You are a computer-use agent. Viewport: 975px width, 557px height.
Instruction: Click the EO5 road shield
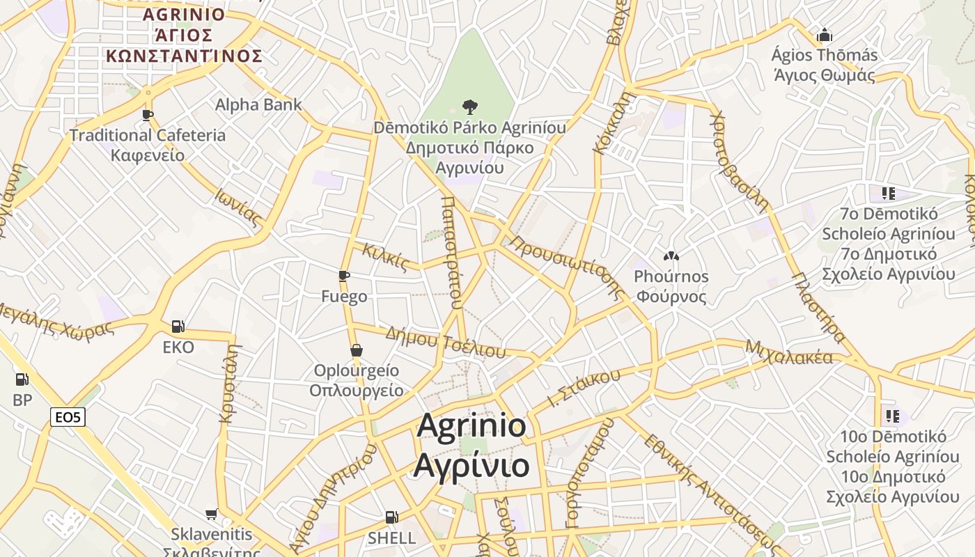click(x=68, y=417)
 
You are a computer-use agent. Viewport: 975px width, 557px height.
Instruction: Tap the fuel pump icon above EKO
click(x=178, y=326)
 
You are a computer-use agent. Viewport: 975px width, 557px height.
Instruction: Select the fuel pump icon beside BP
click(x=22, y=379)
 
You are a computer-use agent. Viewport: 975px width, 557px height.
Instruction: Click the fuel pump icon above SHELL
click(x=392, y=517)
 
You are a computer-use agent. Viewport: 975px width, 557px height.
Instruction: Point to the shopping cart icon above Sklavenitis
click(x=212, y=515)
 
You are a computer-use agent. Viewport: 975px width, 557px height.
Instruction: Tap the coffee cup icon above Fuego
click(x=344, y=276)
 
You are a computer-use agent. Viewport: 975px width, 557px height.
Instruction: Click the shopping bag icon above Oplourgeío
click(x=357, y=350)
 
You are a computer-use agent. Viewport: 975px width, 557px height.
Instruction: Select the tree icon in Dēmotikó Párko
click(x=470, y=107)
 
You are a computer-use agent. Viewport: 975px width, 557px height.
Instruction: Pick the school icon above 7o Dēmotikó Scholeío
click(x=888, y=193)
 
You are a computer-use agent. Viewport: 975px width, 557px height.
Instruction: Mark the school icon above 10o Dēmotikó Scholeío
click(x=892, y=416)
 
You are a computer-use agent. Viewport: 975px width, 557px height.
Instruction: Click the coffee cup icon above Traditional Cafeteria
click(x=147, y=115)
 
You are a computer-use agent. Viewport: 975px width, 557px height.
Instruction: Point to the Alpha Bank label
click(x=258, y=104)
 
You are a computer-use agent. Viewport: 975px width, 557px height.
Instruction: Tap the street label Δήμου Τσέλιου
click(x=446, y=342)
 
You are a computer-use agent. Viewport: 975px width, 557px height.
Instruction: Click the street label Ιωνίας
click(x=239, y=208)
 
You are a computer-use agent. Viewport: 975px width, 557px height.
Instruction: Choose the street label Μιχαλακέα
click(x=788, y=352)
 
